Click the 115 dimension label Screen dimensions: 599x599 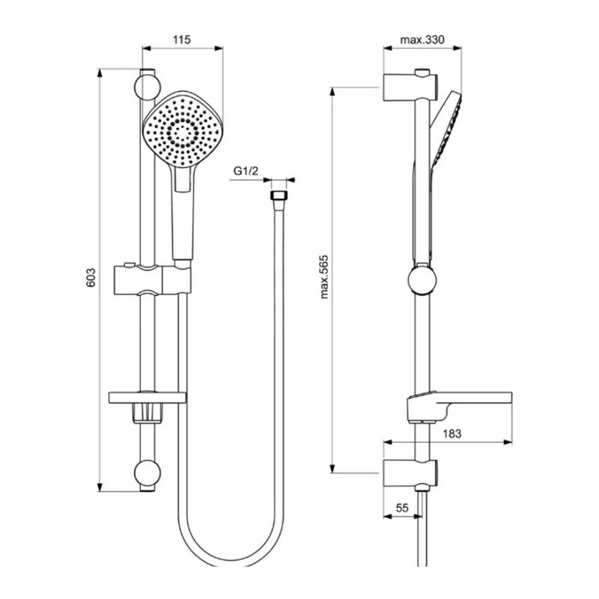[181, 40]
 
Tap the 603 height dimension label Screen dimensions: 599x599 [91, 278]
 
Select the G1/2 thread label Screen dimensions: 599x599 [246, 171]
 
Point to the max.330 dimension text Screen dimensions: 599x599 [422, 40]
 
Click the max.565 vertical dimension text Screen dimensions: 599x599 [324, 276]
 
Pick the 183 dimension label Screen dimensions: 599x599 [452, 434]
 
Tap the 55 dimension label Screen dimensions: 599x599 [402, 508]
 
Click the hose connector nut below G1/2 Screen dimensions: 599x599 [278, 195]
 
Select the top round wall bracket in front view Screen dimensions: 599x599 [147, 88]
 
